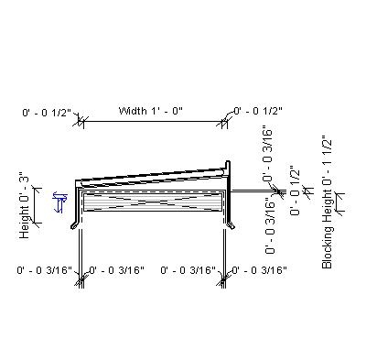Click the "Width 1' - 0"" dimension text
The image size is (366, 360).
[x=151, y=111]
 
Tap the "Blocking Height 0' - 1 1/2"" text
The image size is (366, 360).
[x=327, y=202]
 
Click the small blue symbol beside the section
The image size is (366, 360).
[x=61, y=200]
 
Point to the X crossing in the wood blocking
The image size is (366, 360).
[x=153, y=202]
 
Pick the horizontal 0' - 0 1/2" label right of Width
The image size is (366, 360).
[x=259, y=111]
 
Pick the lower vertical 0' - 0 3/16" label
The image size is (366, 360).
[x=272, y=224]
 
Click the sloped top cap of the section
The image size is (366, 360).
[x=151, y=173]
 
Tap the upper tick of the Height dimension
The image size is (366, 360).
[x=37, y=186]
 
